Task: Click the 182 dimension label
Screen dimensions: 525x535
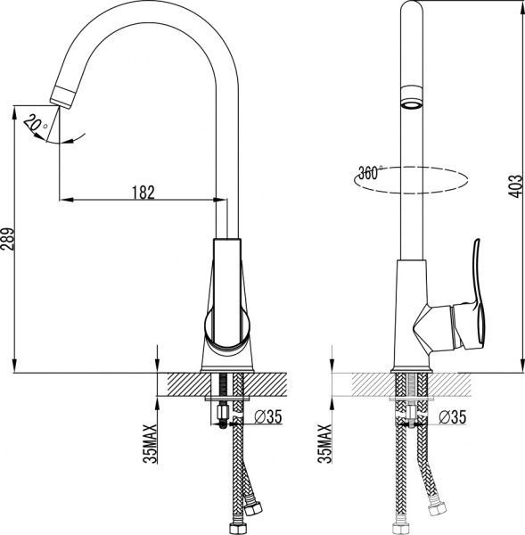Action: point(144,192)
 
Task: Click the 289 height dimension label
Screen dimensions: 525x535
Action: point(8,239)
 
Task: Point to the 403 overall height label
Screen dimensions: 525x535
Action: point(515,186)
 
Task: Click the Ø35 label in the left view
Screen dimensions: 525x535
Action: point(268,416)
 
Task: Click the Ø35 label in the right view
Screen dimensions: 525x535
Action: point(452,416)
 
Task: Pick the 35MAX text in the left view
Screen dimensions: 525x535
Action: point(150,443)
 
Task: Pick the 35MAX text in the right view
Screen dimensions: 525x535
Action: point(324,443)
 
